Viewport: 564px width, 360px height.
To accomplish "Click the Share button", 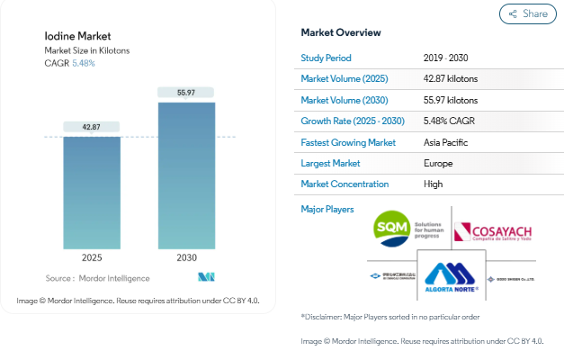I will click(527, 13).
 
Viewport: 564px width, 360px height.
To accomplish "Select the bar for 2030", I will click(186, 175).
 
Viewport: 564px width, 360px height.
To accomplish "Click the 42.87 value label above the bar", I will click(91, 127).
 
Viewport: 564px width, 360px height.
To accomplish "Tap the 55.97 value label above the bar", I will click(186, 92).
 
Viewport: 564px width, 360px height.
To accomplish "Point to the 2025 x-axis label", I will click(91, 257).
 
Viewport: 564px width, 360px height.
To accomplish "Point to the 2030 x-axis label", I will click(186, 257).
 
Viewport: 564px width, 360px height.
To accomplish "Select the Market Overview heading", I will click(340, 32).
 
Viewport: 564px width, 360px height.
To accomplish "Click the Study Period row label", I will click(327, 58).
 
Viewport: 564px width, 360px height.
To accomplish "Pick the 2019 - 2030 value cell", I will click(445, 58).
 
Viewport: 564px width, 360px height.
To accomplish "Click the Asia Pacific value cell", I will click(445, 142).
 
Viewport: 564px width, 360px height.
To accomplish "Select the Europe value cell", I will click(438, 163).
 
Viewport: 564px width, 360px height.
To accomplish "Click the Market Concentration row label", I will click(345, 184).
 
